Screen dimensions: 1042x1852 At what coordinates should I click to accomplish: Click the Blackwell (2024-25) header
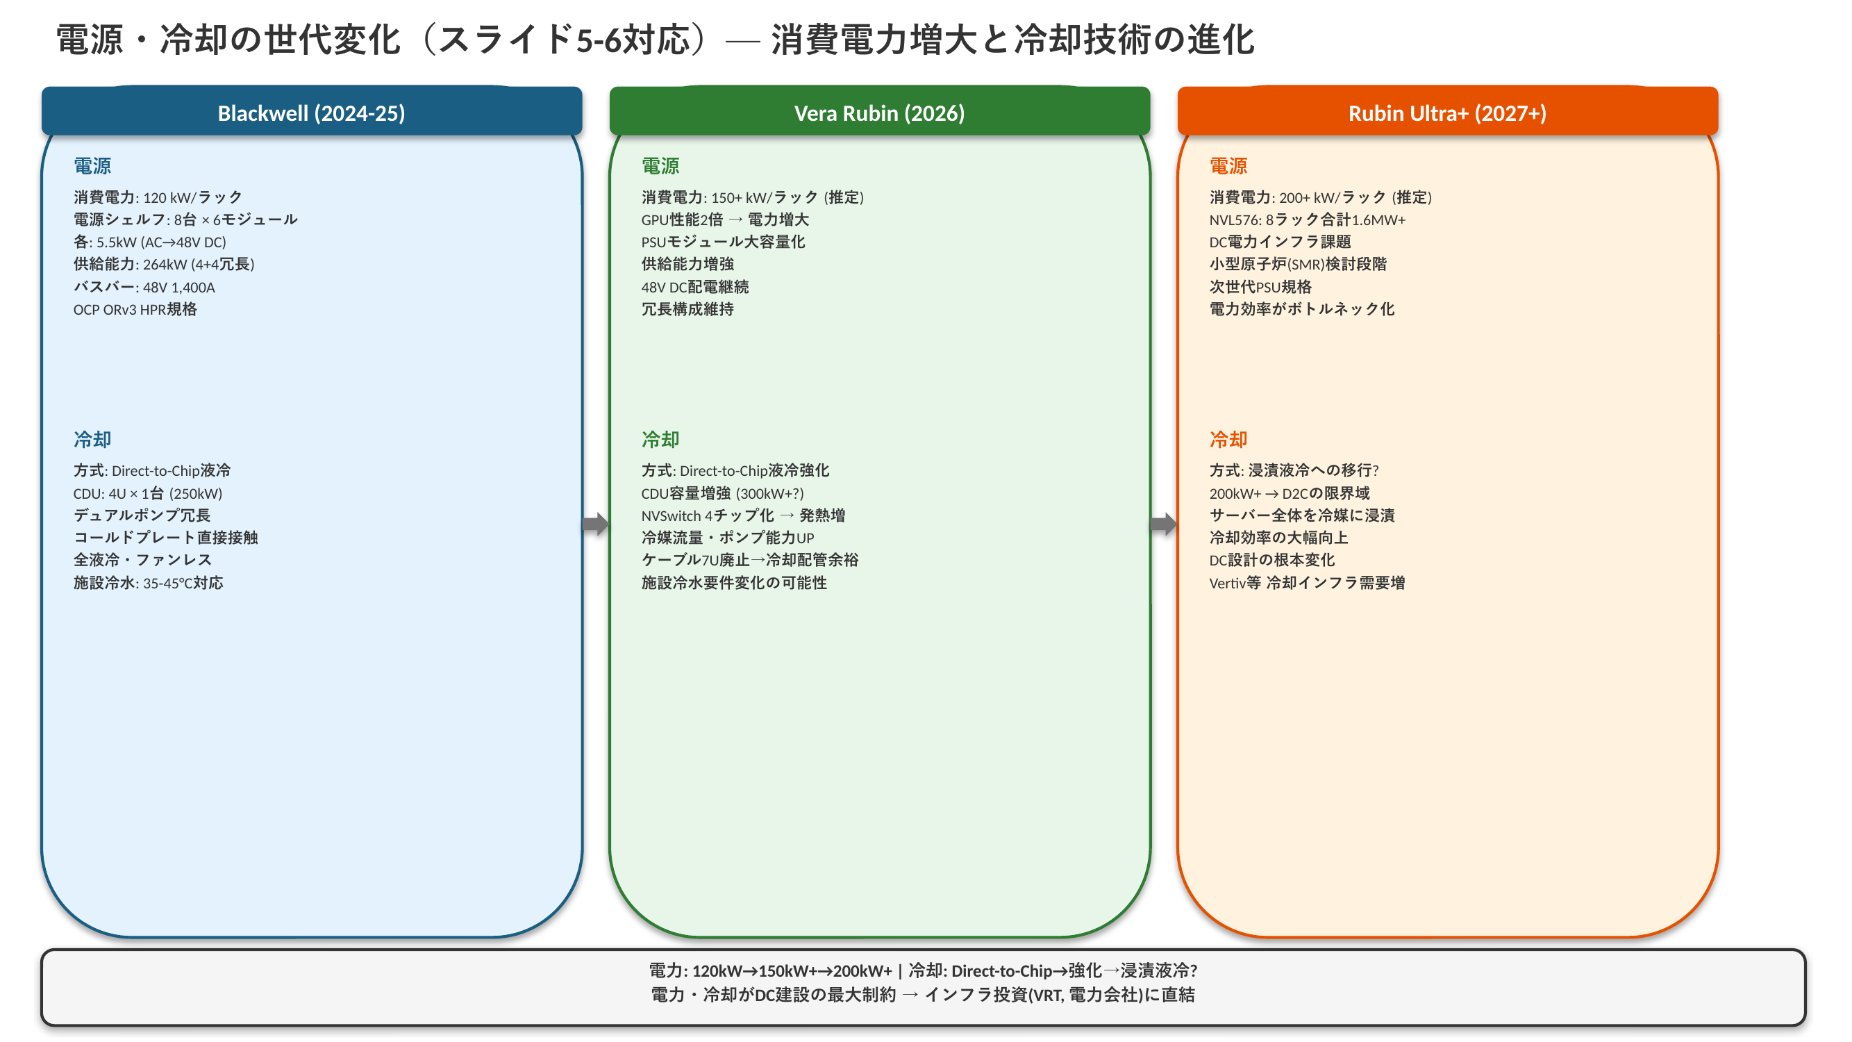311,113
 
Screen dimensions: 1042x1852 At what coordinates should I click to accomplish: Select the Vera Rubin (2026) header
879,113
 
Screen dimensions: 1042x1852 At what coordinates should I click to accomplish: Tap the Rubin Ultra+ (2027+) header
1447,113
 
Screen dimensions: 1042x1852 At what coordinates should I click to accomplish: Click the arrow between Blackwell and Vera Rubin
595,524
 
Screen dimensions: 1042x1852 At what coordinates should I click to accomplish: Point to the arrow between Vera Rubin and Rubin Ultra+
1163,524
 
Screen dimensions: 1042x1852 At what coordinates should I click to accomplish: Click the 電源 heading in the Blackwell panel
92,166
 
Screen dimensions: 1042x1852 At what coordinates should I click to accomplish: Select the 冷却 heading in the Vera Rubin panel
660,440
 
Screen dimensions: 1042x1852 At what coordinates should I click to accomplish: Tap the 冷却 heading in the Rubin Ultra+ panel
1228,440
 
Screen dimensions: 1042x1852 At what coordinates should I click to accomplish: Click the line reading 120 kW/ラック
158,197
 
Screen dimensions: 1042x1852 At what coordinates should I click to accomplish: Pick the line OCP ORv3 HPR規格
135,309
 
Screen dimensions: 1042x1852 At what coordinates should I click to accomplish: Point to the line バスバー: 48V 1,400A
144,287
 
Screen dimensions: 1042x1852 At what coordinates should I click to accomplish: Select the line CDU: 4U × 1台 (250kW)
147,493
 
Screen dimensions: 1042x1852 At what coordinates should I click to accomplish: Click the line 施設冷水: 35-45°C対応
148,583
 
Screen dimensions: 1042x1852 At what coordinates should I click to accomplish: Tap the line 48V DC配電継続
694,287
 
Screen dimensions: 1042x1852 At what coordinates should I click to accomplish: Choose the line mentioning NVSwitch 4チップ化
742,515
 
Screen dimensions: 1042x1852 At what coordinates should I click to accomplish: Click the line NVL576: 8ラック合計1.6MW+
1307,220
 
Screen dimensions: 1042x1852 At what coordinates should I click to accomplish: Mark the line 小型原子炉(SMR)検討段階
1298,264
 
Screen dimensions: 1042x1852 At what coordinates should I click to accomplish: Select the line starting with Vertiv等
1306,583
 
